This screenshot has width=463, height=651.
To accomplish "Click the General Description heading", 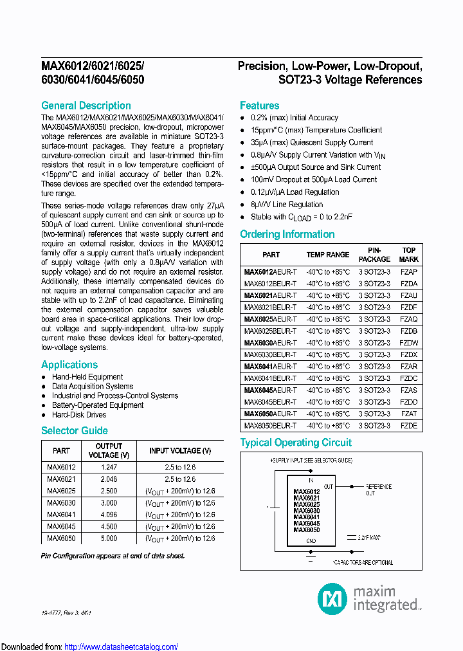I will (86, 105).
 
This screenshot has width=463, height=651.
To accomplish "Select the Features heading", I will (259, 105).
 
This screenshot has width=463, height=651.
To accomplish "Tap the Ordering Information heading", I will (287, 235).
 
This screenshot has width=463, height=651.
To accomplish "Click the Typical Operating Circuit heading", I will (295, 443).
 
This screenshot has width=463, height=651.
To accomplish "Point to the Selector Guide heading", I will (74, 431).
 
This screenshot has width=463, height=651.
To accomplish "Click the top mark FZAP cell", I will (408, 271).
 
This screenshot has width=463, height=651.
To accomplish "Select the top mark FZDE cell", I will (408, 426).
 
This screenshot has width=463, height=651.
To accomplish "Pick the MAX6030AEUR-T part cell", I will (270, 343).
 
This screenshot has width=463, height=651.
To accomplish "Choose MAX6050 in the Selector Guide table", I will (61, 538).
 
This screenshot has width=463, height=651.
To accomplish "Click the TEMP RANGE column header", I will (328, 255).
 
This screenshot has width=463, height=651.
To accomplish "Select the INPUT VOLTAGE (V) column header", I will (179, 451).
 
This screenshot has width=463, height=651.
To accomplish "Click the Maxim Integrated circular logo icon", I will (332, 598).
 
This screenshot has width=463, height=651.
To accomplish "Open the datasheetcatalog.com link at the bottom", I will (122, 646).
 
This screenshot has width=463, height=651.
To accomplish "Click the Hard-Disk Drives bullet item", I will (79, 415).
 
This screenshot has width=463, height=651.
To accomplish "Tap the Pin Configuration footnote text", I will (113, 555).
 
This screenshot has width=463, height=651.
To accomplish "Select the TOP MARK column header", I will (408, 255).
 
